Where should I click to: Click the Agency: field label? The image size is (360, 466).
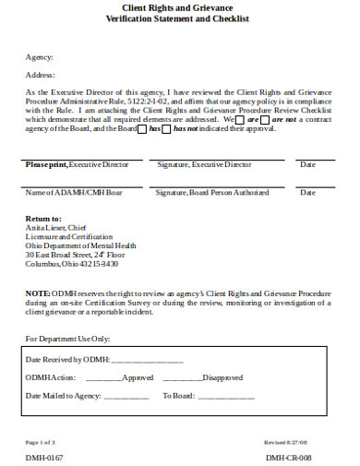coord(38,57)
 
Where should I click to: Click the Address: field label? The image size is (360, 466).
coord(40,75)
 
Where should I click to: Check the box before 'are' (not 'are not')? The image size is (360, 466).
coord(240,120)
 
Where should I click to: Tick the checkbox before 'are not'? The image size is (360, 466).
coord(265,120)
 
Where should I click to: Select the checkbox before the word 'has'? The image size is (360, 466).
coord(142,129)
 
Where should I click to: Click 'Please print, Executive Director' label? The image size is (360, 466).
coord(77,164)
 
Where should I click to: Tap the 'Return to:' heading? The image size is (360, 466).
coord(43,219)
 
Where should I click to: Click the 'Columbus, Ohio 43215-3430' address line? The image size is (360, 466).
coord(72,264)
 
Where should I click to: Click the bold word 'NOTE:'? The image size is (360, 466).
coord(38,292)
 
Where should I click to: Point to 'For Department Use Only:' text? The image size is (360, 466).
coord(69,338)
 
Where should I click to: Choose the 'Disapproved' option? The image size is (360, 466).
coord(222,377)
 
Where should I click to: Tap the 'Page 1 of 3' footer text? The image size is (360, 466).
coord(41,442)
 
